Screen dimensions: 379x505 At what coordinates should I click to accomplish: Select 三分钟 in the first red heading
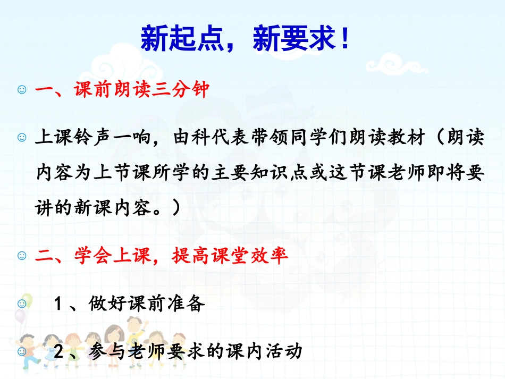pyautogui.click(x=176, y=89)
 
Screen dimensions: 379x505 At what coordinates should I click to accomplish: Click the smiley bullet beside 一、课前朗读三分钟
pyautogui.click(x=22, y=90)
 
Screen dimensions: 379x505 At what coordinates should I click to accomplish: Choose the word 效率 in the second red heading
pyautogui.click(x=272, y=256)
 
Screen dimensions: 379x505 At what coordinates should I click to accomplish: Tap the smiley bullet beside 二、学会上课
pyautogui.click(x=22, y=257)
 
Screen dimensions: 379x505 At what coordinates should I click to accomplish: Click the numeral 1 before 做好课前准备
pyautogui.click(x=58, y=305)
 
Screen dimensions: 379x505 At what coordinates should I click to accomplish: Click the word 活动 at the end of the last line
pyautogui.click(x=286, y=351)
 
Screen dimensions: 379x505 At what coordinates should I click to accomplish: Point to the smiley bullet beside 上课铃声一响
pyautogui.click(x=22, y=139)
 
